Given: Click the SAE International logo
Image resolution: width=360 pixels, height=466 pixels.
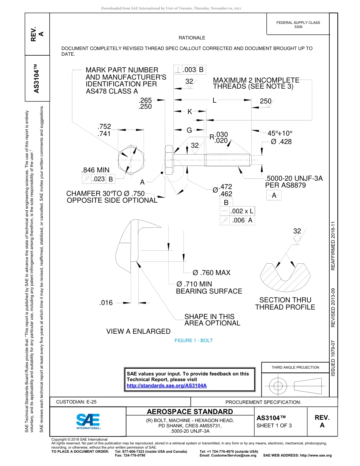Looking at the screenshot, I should click(x=88, y=421).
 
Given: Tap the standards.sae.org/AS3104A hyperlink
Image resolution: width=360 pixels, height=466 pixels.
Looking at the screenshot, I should click(x=167, y=386).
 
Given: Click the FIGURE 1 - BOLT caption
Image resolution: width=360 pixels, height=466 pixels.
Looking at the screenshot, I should click(x=194, y=341).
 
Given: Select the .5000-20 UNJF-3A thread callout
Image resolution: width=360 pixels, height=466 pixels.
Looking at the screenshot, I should click(x=294, y=178).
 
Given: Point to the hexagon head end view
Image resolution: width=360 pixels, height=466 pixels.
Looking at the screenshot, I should click(x=131, y=160).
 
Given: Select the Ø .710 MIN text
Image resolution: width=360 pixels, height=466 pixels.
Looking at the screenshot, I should click(x=194, y=284).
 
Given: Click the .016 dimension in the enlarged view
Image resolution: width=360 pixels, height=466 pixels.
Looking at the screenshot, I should click(x=106, y=303).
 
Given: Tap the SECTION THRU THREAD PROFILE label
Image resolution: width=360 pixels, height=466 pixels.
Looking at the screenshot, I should click(x=285, y=303).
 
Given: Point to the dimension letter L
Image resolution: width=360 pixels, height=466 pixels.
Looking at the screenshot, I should click(x=214, y=100).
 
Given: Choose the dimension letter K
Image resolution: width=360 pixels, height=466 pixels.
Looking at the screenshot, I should click(x=190, y=111).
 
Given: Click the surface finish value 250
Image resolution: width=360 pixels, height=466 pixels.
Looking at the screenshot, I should click(x=266, y=101).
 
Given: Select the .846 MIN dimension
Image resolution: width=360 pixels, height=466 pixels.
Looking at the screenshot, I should click(x=95, y=170).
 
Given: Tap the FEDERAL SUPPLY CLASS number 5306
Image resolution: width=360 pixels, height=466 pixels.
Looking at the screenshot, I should click(x=298, y=27).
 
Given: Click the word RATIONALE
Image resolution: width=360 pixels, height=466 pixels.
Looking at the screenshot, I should click(x=192, y=38).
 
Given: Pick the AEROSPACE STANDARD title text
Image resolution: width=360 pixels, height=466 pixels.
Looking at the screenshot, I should click(x=190, y=412).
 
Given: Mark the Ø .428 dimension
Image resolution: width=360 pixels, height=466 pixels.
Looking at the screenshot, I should click(x=281, y=142).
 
